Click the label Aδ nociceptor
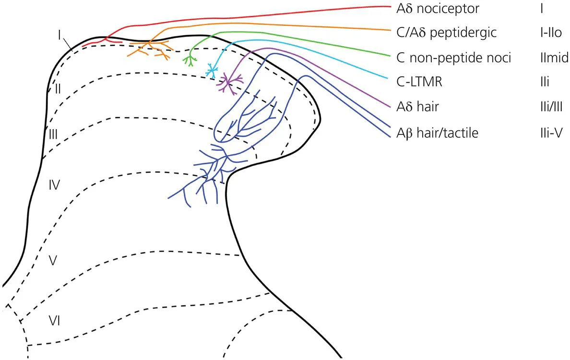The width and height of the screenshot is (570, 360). (x=437, y=8)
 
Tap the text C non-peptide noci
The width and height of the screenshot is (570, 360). (x=453, y=58)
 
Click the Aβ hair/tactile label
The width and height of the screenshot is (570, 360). (x=437, y=133)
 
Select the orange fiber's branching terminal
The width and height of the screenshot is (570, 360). (x=149, y=48)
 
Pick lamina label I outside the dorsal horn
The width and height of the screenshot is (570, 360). (x=59, y=35)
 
